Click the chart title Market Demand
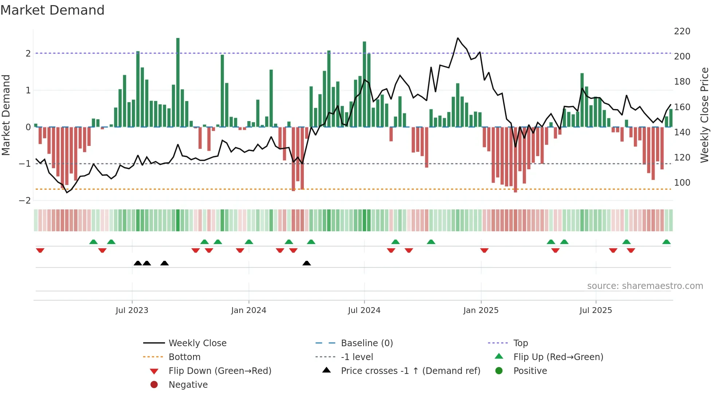click(52, 10)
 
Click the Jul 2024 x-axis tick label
click(364, 310)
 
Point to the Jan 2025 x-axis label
click(480, 310)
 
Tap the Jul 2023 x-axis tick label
click(132, 310)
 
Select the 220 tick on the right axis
click(682, 31)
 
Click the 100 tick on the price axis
click(682, 183)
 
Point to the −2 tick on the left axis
click(25, 201)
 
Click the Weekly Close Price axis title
click(705, 115)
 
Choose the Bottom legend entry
click(184, 357)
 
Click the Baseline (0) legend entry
click(366, 343)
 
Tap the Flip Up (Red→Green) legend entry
click(558, 357)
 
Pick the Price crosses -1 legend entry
click(410, 371)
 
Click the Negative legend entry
click(188, 385)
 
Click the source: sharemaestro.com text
click(645, 286)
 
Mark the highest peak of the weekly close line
click(458, 38)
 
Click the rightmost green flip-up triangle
click(666, 242)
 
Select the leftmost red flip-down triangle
click(40, 250)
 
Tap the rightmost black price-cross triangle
click(307, 263)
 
